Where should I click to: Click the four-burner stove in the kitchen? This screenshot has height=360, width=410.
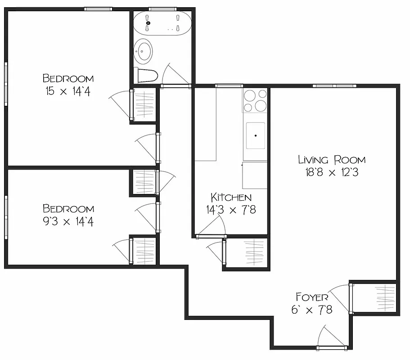pos(255,100)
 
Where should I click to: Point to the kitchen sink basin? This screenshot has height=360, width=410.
pos(255,135)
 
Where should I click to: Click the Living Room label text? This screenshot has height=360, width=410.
pos(332,159)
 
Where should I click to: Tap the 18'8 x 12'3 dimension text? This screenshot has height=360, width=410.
pos(332,173)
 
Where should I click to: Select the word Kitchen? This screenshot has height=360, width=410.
pos(231,197)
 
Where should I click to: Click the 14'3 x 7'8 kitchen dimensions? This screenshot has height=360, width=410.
pos(231,210)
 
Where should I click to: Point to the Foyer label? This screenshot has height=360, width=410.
pos(312,297)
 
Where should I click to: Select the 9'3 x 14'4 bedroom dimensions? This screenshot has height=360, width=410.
pos(68,221)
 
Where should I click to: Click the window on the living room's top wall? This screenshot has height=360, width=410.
pos(334,85)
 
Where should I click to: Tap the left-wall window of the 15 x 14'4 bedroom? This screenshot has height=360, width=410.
pos(6,84)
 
